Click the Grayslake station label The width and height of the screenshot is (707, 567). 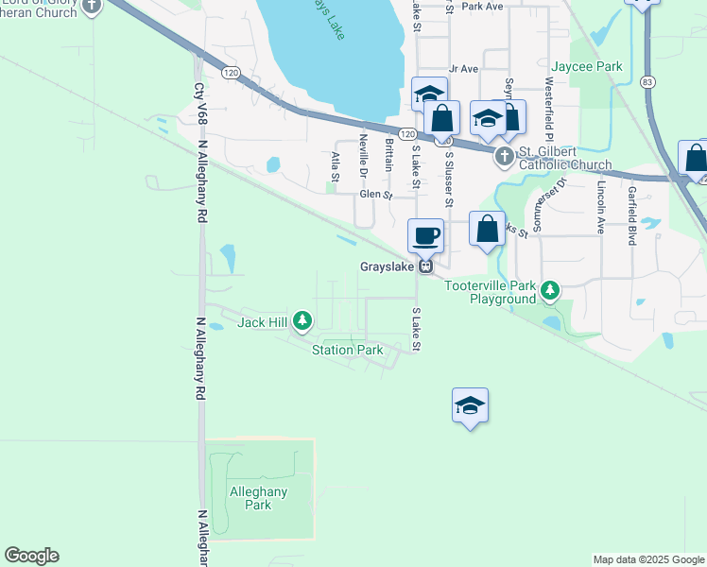388,266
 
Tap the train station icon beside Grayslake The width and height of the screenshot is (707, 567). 426,266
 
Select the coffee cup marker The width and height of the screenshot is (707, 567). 425,235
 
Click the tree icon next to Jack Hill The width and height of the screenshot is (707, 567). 302,322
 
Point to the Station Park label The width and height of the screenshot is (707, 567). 348,350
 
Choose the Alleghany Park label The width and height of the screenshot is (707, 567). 258,498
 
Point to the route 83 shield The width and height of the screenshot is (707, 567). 647,82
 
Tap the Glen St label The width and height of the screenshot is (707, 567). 375,195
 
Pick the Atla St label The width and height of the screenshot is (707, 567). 335,164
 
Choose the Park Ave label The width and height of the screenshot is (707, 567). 483,6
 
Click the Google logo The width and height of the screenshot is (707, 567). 31,556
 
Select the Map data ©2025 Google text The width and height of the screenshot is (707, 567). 648,559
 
